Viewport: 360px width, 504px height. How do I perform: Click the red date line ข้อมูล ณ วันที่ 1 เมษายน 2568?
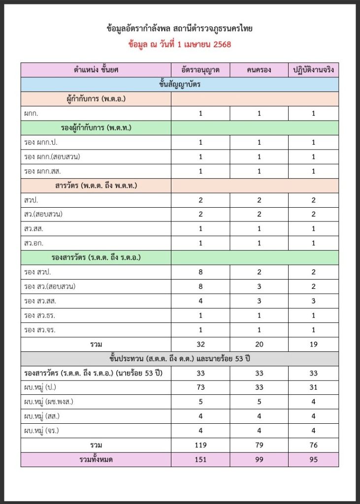[x=179, y=44]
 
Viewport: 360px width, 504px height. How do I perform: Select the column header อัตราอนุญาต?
[x=200, y=70]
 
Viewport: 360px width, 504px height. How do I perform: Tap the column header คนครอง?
[x=259, y=70]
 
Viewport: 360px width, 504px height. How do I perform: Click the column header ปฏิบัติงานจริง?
[x=313, y=70]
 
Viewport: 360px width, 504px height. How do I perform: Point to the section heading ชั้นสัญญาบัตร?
[x=179, y=84]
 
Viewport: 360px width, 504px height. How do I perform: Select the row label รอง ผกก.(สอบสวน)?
[x=52, y=157]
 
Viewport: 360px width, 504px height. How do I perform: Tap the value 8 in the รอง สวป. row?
[x=200, y=272]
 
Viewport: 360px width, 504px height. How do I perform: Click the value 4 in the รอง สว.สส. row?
[x=200, y=301]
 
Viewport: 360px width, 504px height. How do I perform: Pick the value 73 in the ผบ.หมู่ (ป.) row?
[x=200, y=388]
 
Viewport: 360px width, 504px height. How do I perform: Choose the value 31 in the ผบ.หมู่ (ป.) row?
[x=313, y=388]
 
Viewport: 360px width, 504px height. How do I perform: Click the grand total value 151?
[x=200, y=460]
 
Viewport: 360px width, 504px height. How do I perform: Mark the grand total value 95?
[x=313, y=460]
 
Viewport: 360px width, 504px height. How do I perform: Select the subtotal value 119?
[x=200, y=445]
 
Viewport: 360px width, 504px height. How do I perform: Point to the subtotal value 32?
[x=200, y=345]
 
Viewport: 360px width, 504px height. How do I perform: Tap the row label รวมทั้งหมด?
[x=96, y=460]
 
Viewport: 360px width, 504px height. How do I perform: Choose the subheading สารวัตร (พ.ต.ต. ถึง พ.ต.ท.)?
[x=96, y=186]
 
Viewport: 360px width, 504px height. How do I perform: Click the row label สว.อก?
[x=33, y=243]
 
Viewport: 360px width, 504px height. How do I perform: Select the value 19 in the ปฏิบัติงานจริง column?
[x=313, y=345]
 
